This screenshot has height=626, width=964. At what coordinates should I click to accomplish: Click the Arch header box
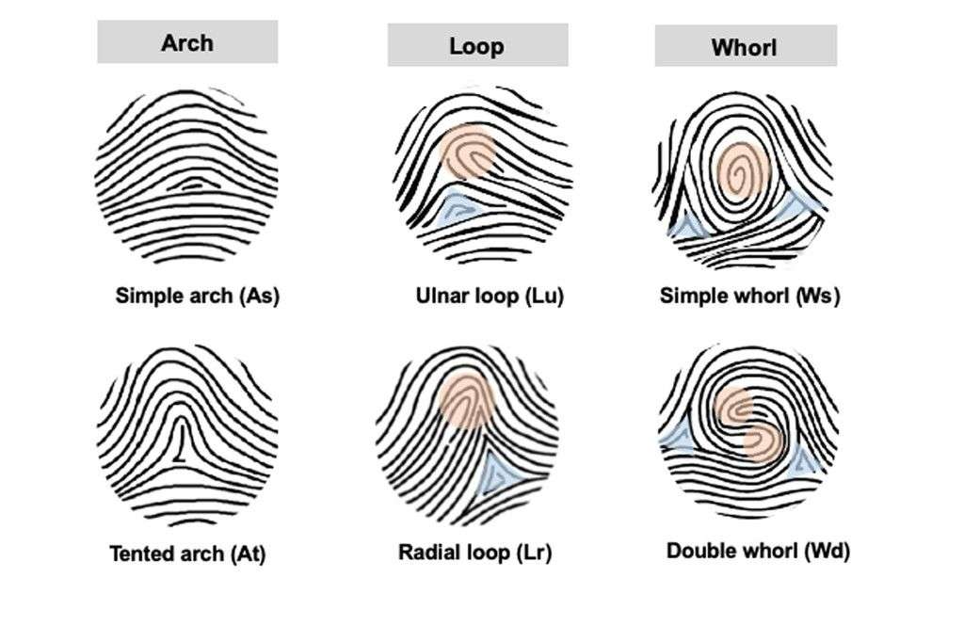[187, 41]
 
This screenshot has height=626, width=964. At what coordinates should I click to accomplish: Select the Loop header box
[477, 45]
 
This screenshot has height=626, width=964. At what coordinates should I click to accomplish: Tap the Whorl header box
[746, 45]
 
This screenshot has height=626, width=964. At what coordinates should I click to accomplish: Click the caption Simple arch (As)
[198, 296]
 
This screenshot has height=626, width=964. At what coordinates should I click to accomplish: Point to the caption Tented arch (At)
[187, 554]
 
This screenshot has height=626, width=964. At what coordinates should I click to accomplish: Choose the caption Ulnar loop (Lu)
[490, 296]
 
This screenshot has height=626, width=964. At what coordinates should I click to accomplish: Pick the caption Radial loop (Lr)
[474, 552]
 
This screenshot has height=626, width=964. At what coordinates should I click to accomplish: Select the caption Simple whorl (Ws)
[749, 296]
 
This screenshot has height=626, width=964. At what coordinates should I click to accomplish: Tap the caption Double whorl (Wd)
[758, 550]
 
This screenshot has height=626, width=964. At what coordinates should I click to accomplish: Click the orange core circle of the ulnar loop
[468, 152]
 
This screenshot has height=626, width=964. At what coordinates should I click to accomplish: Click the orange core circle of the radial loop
[467, 400]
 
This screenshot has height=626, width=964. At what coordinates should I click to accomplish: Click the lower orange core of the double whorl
[763, 442]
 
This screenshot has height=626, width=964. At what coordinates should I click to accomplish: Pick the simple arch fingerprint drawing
[186, 176]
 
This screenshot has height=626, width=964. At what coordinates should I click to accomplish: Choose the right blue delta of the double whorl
[803, 460]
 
